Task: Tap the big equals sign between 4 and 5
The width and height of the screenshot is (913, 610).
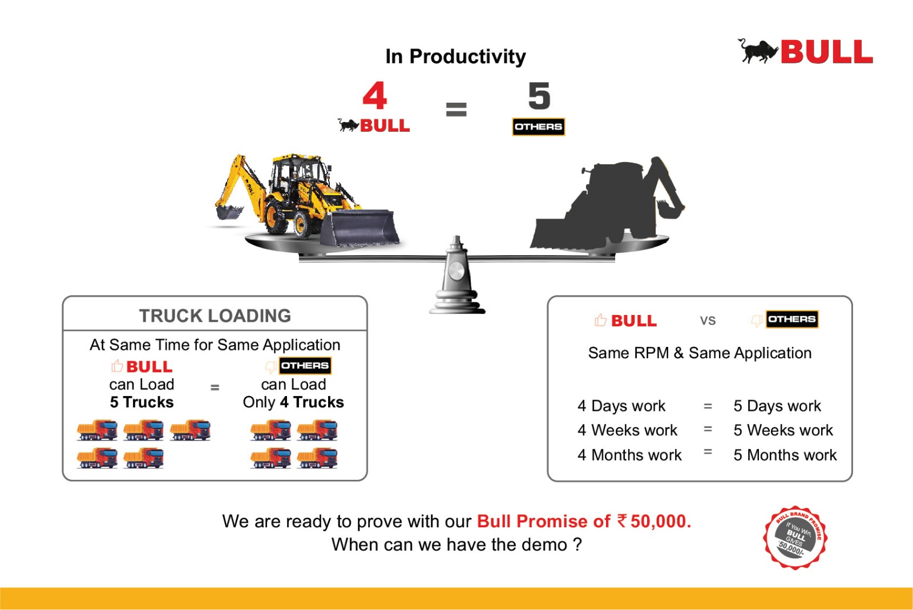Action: click(x=456, y=109)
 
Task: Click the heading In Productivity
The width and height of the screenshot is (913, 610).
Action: click(x=456, y=56)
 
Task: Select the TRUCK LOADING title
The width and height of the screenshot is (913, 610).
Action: click(x=215, y=316)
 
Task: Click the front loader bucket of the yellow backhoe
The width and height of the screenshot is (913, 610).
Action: click(x=359, y=229)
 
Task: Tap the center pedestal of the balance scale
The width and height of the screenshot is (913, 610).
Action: click(x=457, y=277)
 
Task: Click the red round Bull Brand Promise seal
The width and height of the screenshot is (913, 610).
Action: click(x=795, y=538)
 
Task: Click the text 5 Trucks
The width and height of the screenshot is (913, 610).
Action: click(x=142, y=402)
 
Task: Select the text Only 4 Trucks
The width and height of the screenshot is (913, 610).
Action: click(x=293, y=402)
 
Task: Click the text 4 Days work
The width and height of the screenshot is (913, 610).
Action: click(x=621, y=406)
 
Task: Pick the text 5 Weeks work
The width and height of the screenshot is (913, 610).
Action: click(x=783, y=430)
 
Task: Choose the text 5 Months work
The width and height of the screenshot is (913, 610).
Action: click(x=785, y=455)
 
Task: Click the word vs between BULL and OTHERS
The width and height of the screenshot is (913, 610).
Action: click(x=708, y=321)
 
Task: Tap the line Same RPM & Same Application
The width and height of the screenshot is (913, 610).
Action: click(x=700, y=353)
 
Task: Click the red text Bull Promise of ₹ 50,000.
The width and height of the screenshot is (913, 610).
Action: click(x=584, y=521)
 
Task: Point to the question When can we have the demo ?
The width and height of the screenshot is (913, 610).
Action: click(x=457, y=544)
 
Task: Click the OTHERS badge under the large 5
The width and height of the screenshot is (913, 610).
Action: click(x=539, y=127)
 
